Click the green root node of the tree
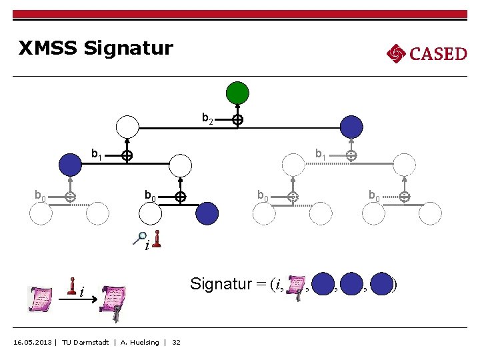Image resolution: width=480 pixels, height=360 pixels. [x=237, y=93]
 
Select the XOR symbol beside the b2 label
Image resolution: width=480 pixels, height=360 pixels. [x=237, y=121]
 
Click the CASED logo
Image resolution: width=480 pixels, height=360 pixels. [x=427, y=53]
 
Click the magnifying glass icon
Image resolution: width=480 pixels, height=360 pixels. [x=140, y=236]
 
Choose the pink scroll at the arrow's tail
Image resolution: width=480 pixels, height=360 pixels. [x=41, y=299]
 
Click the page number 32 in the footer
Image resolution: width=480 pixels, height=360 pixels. [x=176, y=343]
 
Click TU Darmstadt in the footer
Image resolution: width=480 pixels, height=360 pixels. [x=85, y=343]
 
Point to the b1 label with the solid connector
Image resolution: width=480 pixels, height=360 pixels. [x=97, y=155]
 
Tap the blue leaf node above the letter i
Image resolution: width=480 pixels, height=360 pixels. [x=207, y=213]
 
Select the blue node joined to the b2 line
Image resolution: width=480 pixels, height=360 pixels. [x=351, y=126]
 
